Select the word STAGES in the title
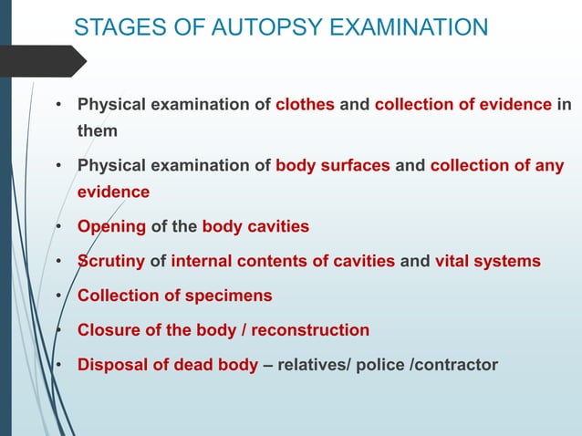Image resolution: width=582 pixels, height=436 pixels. (114, 27)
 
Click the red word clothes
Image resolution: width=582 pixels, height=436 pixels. (306, 104)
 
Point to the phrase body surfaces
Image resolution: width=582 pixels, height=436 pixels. (333, 166)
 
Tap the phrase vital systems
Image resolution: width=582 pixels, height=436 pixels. (487, 262)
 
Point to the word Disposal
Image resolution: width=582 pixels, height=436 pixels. (113, 365)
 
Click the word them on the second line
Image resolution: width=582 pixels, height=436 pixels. (97, 131)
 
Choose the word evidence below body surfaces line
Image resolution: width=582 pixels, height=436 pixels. (113, 192)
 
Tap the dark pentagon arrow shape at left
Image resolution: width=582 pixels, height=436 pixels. (41, 60)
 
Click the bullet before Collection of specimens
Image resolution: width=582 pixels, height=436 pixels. (58, 296)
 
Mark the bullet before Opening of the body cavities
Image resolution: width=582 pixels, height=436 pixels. (58, 227)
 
